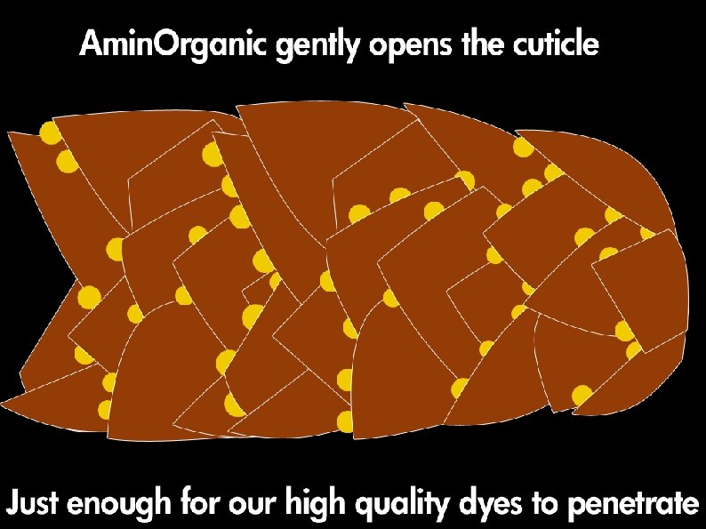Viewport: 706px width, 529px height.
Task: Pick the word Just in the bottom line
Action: (x=34, y=504)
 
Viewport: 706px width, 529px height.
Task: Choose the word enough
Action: (x=120, y=506)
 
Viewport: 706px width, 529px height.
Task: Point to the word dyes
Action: (x=487, y=506)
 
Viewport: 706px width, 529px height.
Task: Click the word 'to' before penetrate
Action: (x=544, y=504)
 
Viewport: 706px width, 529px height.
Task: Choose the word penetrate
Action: (x=632, y=505)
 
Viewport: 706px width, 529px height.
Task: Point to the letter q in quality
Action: (x=365, y=508)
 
